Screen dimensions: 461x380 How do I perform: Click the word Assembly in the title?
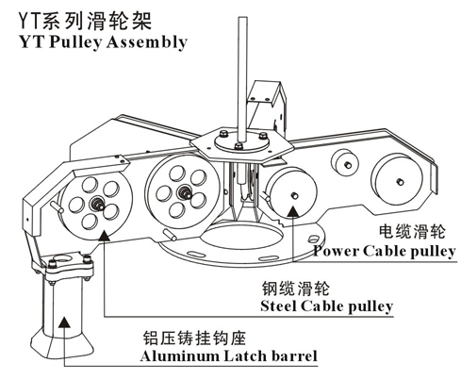[147, 42]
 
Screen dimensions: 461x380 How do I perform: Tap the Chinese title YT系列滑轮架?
[85, 22]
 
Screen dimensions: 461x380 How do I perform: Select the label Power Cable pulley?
[385, 252]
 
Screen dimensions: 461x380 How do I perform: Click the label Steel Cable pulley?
[327, 306]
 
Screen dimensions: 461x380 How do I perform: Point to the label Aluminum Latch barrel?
[228, 356]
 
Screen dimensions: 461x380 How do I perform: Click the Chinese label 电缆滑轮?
[412, 232]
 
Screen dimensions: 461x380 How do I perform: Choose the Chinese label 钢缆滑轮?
[296, 288]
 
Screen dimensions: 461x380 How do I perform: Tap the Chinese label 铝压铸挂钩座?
[194, 339]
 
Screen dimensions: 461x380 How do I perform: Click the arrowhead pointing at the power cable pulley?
[293, 212]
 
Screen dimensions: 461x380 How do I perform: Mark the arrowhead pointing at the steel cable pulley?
[104, 235]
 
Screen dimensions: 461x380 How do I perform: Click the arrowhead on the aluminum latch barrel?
[64, 322]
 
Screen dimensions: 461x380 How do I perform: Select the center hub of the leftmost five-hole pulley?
[98, 205]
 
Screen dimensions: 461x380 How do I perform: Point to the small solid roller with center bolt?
[345, 163]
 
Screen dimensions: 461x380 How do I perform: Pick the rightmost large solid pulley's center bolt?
[400, 181]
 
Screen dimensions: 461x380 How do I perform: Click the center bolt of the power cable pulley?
[294, 195]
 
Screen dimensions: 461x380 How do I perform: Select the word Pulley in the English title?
[75, 42]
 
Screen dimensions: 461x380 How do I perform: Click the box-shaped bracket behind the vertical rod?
[267, 107]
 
